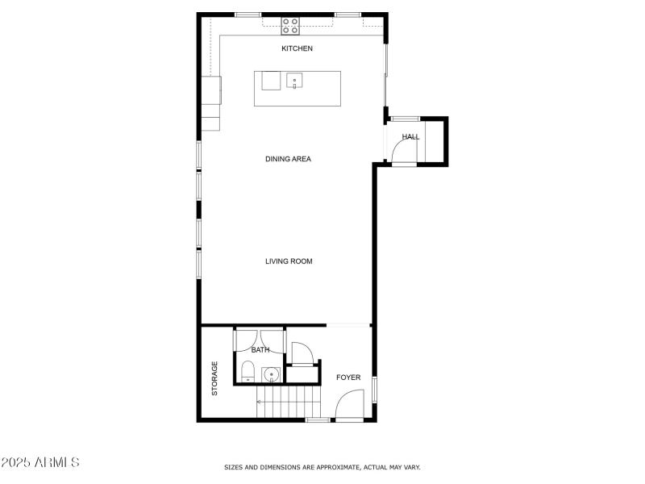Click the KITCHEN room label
click(297, 49)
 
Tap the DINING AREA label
click(288, 159)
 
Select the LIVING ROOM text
click(289, 261)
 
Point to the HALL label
click(411, 137)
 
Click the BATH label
click(260, 350)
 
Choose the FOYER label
click(348, 378)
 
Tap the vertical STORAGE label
click(215, 378)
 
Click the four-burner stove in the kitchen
click(290, 26)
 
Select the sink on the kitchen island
click(294, 81)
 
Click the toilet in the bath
click(248, 373)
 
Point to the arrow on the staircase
click(260, 401)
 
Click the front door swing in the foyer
click(348, 405)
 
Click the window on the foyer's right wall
click(374, 389)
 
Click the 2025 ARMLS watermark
click(40, 463)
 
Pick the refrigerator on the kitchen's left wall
click(211, 90)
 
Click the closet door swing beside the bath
click(301, 353)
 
